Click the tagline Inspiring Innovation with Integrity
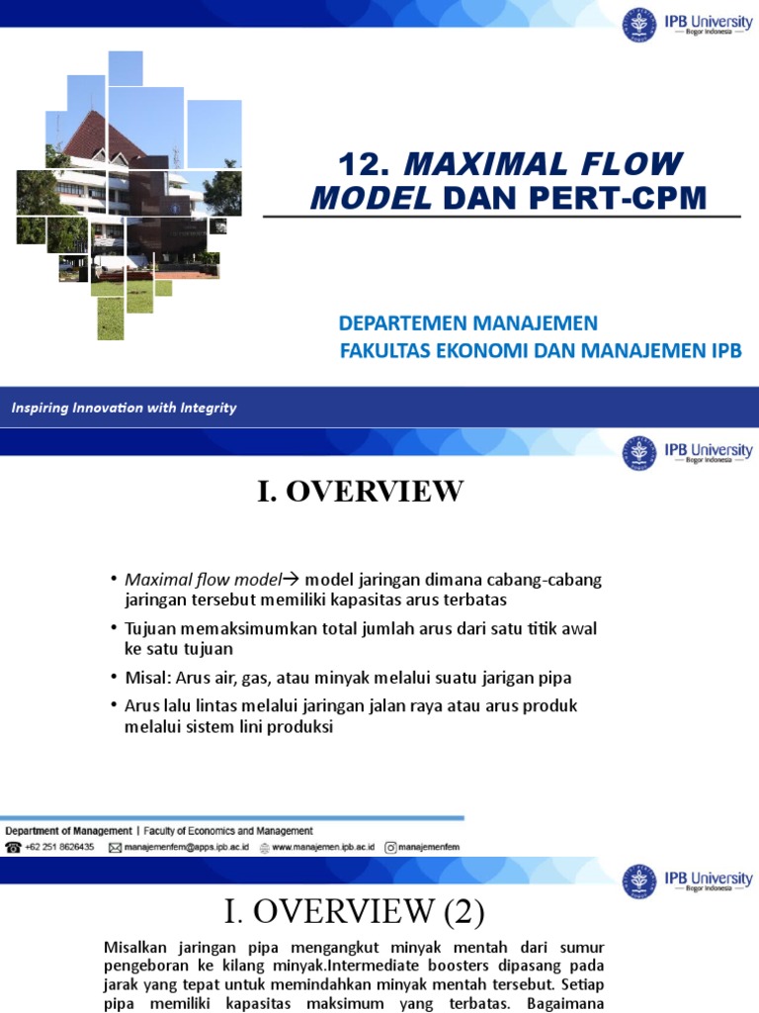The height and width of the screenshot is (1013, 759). click(x=124, y=408)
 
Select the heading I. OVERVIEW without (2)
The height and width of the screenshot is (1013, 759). click(x=360, y=492)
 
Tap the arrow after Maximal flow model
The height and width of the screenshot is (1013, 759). click(x=292, y=579)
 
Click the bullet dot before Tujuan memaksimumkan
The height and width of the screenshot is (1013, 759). click(x=114, y=629)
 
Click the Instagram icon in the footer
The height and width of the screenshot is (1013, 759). click(x=391, y=848)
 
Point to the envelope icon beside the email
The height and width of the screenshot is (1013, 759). click(x=115, y=848)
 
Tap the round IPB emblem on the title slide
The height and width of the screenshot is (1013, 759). click(x=638, y=25)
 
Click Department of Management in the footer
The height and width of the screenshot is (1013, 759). click(x=69, y=831)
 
